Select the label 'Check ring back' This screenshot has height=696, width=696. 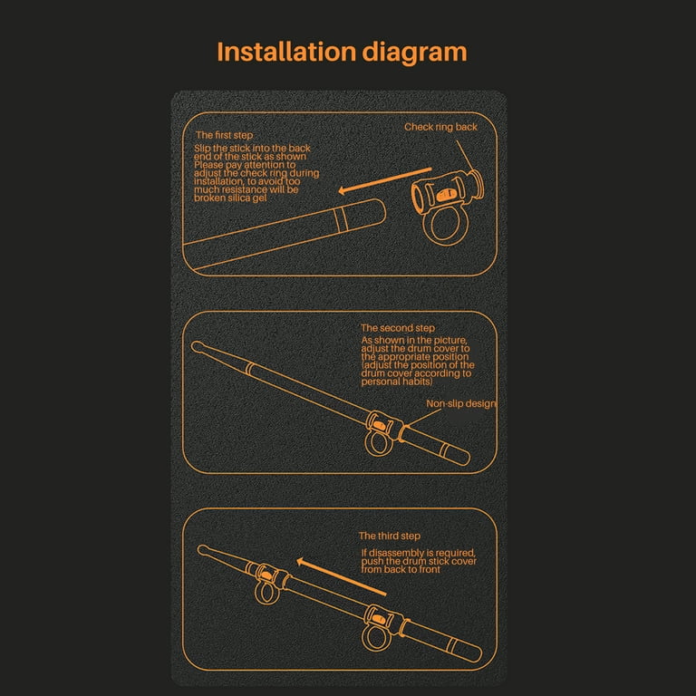(x=440, y=127)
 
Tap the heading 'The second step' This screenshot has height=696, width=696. (x=397, y=328)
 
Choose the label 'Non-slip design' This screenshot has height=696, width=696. (x=461, y=403)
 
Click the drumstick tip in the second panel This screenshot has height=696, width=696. (x=198, y=346)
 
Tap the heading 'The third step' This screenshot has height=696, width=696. (x=389, y=536)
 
